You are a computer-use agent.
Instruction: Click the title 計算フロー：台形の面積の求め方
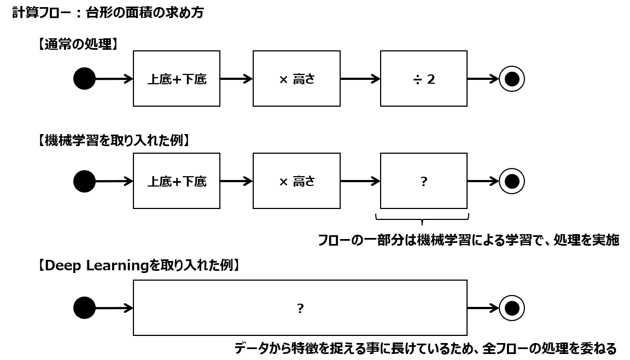(x=108, y=13)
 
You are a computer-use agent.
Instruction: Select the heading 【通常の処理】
(x=77, y=44)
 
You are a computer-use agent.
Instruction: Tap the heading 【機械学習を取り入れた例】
(x=113, y=141)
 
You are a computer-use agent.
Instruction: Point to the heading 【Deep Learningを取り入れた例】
(x=138, y=266)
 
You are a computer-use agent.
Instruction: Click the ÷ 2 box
(x=424, y=79)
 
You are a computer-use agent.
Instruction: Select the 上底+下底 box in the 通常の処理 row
(x=177, y=79)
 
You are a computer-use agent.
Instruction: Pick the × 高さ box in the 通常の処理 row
(x=296, y=79)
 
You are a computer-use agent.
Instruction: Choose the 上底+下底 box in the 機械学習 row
(x=177, y=181)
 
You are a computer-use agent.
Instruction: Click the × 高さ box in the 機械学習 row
(x=296, y=181)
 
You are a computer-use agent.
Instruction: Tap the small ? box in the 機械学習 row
(x=424, y=181)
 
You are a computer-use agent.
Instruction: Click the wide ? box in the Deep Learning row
(x=300, y=308)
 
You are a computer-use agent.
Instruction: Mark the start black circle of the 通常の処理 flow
(x=84, y=79)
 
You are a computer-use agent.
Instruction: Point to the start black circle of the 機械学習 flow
(x=84, y=181)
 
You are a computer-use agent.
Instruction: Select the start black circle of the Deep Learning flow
(x=84, y=308)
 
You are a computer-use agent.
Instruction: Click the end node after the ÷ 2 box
(x=512, y=79)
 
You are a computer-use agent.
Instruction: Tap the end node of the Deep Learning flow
(x=512, y=308)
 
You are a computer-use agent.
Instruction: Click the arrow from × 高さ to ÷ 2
(x=360, y=79)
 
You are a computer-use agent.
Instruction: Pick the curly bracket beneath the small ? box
(x=422, y=219)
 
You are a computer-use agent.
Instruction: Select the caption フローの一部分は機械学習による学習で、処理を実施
(x=468, y=240)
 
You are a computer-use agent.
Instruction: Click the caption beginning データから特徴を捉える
(x=425, y=348)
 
